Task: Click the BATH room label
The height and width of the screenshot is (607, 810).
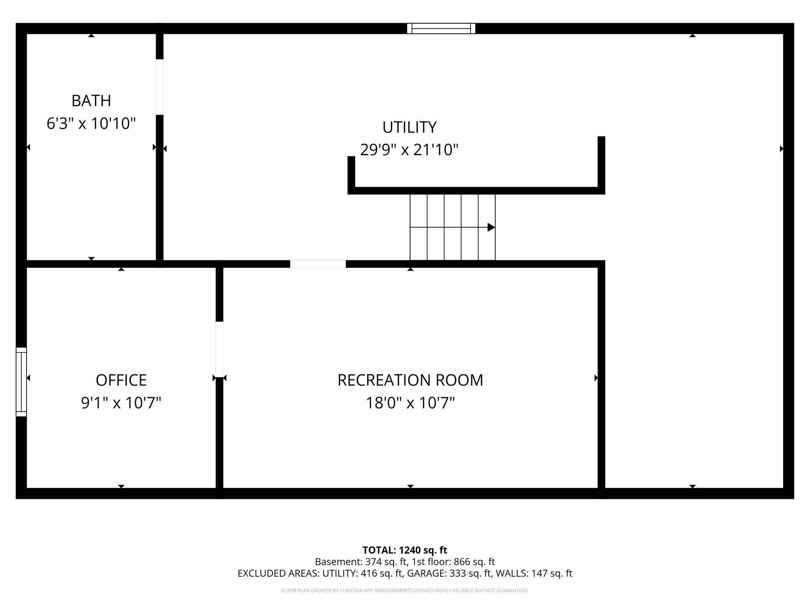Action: pyautogui.click(x=91, y=101)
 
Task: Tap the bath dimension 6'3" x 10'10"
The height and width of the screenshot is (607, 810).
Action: pyautogui.click(x=91, y=124)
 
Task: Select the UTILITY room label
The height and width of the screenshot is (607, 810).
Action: pyautogui.click(x=409, y=127)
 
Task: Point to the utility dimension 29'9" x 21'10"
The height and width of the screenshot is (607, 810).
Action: pyautogui.click(x=409, y=150)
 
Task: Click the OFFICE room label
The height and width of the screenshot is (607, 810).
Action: pyautogui.click(x=121, y=380)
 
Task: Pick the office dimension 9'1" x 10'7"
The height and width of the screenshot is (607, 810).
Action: pyautogui.click(x=121, y=403)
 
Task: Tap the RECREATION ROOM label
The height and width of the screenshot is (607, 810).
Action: pyautogui.click(x=410, y=380)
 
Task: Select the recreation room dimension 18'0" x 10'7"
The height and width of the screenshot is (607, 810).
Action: pyautogui.click(x=410, y=403)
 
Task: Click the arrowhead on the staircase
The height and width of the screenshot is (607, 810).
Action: pyautogui.click(x=491, y=227)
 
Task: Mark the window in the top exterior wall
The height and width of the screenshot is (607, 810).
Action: pyautogui.click(x=441, y=28)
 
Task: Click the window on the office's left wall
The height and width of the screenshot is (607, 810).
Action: pyautogui.click(x=21, y=382)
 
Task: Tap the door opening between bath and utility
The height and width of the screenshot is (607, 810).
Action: pyautogui.click(x=160, y=87)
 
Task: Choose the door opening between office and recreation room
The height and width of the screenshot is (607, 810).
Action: pyautogui.click(x=220, y=349)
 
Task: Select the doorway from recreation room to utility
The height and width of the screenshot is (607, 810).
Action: pyautogui.click(x=318, y=264)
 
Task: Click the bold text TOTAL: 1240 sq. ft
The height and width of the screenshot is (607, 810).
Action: pyautogui.click(x=405, y=550)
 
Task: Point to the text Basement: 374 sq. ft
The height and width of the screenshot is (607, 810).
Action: pyautogui.click(x=361, y=562)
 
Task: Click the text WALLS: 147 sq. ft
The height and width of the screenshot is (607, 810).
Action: pyautogui.click(x=534, y=573)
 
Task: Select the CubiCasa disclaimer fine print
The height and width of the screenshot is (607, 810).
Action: pyautogui.click(x=405, y=591)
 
